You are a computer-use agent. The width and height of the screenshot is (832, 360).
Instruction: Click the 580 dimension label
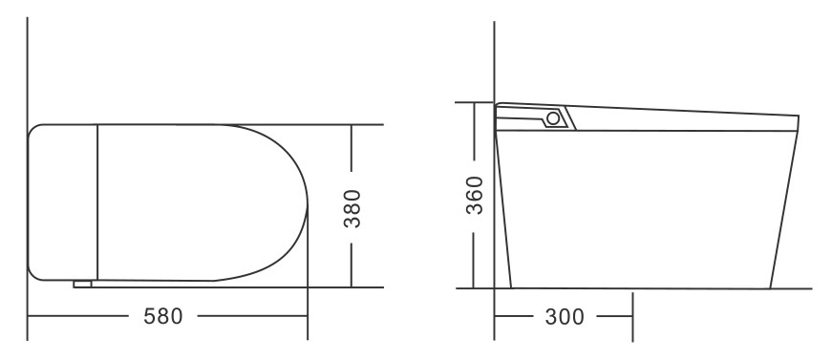coord(163,316)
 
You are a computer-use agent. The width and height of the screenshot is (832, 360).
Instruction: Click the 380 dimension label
coord(352,208)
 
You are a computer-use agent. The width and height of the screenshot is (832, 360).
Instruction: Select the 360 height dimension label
coord(475,195)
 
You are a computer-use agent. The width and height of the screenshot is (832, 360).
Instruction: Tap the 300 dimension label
coord(565,316)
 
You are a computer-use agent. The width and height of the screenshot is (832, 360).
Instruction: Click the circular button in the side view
coord(553,118)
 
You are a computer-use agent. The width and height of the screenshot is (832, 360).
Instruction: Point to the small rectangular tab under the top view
coord(82,285)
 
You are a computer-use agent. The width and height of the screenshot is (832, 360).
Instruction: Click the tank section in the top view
coord(63,202)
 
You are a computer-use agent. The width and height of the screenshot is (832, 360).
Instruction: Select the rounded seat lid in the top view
coord(203,202)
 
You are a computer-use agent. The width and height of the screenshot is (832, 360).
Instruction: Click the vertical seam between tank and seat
coord(97,202)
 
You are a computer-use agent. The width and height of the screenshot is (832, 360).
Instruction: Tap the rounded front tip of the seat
coord(308,202)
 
